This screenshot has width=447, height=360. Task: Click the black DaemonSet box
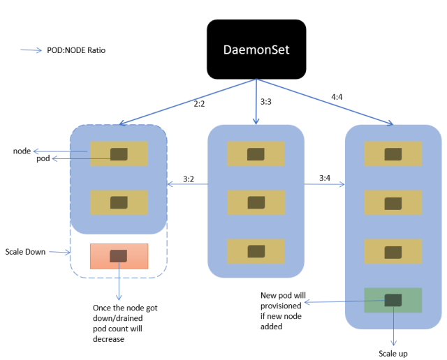(256, 49)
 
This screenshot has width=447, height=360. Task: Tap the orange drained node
(119, 256)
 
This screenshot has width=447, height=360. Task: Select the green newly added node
(393, 301)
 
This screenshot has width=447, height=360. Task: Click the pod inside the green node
(393, 301)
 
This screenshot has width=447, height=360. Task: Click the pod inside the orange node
(119, 256)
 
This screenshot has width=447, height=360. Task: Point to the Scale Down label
(25, 251)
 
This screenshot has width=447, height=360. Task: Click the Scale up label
(393, 353)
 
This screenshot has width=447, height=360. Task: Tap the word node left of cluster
(22, 151)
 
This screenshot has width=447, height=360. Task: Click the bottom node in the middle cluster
(256, 251)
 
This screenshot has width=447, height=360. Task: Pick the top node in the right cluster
(393, 153)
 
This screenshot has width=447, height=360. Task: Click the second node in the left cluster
(119, 202)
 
